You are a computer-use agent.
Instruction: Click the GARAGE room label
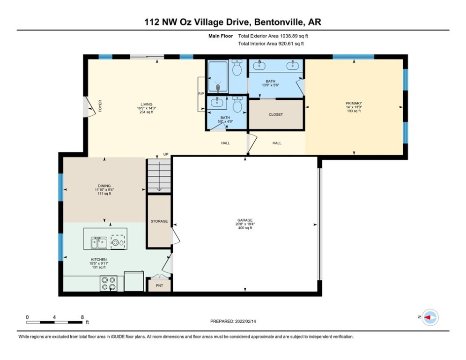pyautogui.click(x=244, y=220)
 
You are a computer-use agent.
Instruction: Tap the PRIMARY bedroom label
pyautogui.click(x=354, y=103)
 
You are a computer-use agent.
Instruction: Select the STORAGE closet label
pyautogui.click(x=159, y=221)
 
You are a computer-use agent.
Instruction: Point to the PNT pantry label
pyautogui.click(x=159, y=285)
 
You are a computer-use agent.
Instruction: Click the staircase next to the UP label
pyautogui.click(x=159, y=176)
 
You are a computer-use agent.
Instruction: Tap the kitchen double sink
pyautogui.click(x=98, y=242)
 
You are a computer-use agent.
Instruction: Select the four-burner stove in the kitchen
pyautogui.click(x=109, y=283)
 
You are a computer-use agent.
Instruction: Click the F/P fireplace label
pyautogui.click(x=201, y=94)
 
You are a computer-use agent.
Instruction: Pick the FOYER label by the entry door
pyautogui.click(x=100, y=106)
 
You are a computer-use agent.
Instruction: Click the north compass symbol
pyautogui.click(x=429, y=317)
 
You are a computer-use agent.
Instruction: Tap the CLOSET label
pyautogui.click(x=275, y=114)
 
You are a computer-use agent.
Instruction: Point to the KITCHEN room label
pyautogui.click(x=99, y=259)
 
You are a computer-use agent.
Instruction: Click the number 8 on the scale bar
pyautogui.click(x=82, y=317)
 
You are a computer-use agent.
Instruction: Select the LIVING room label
pyautogui.click(x=147, y=104)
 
